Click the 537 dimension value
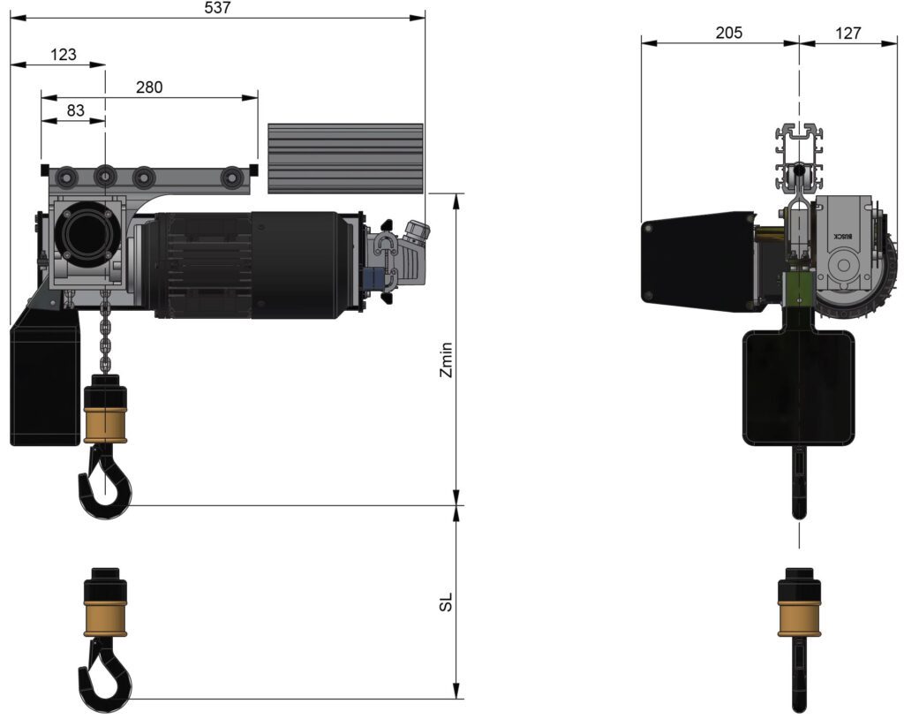click(x=217, y=8)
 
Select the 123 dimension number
click(x=63, y=55)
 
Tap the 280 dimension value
click(x=149, y=87)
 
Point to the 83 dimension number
click(x=76, y=110)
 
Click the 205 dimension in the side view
click(x=728, y=33)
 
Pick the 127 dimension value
click(x=847, y=33)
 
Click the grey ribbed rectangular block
click(x=345, y=158)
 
